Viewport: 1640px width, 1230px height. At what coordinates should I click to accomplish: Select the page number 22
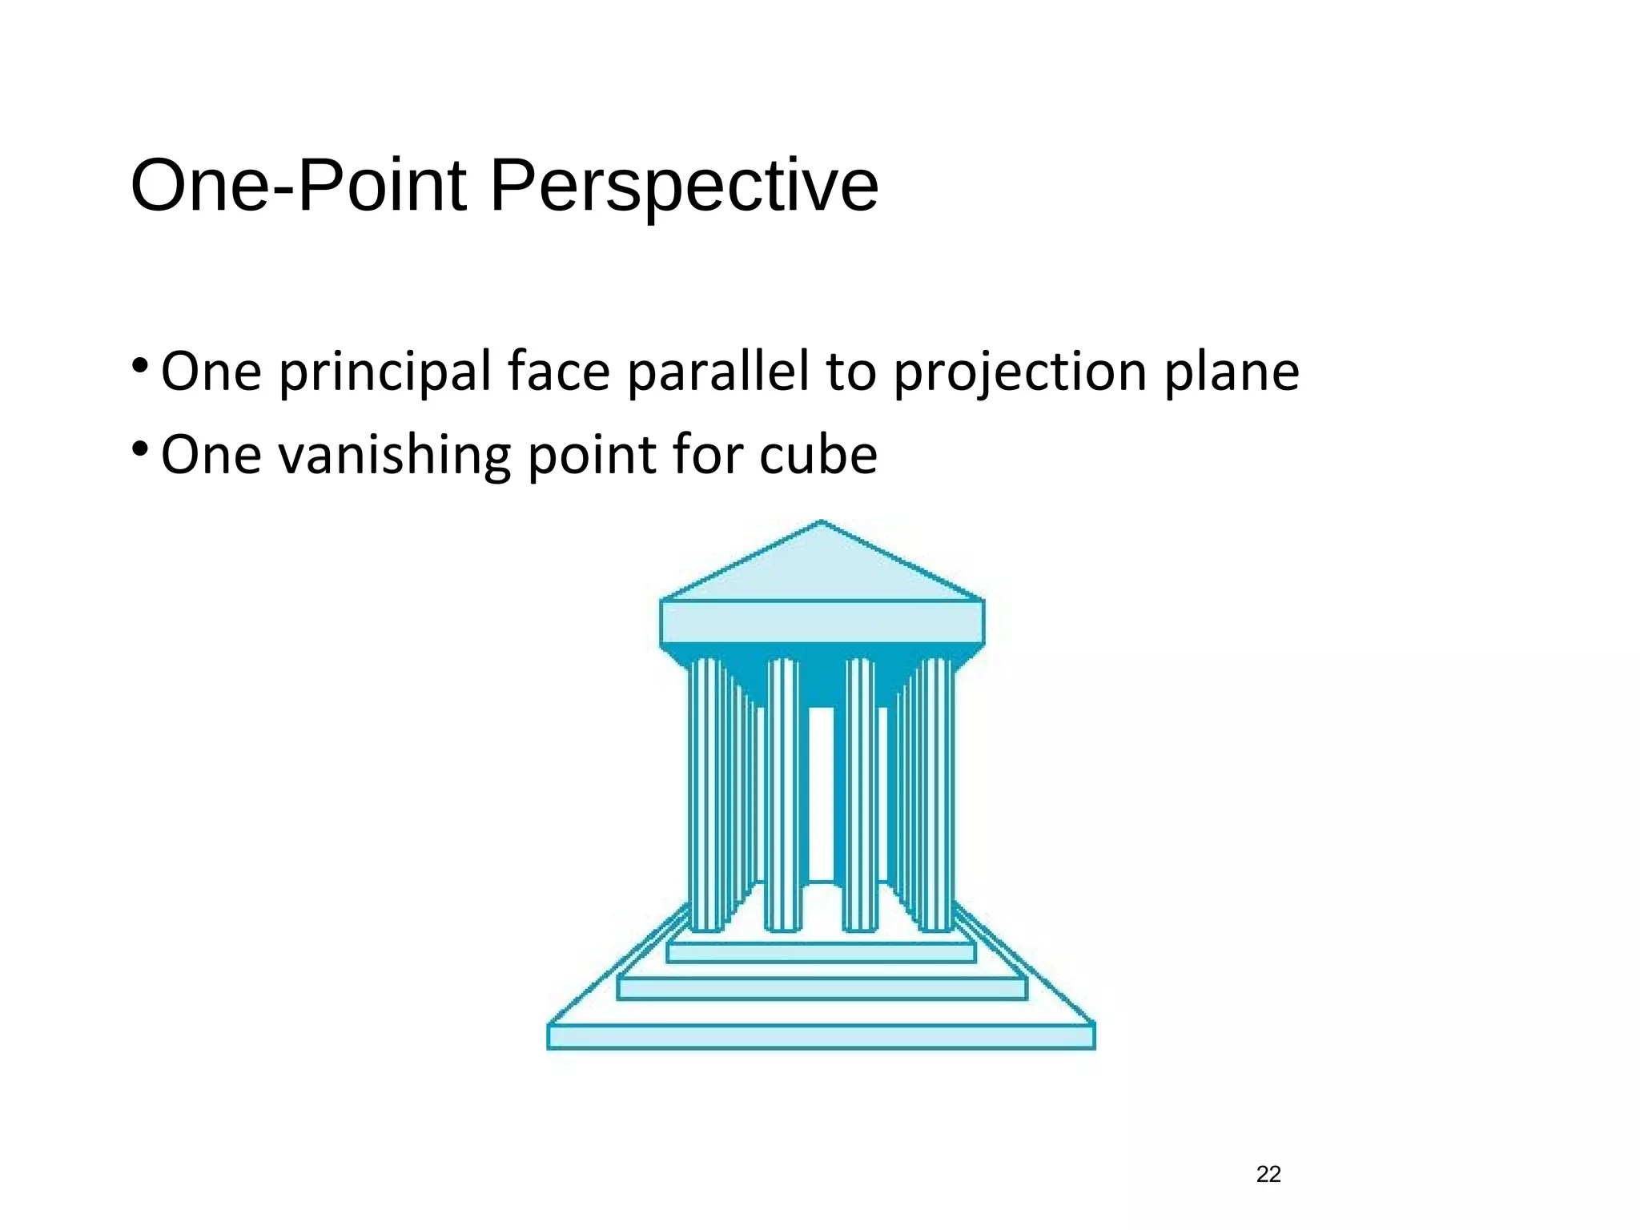pyautogui.click(x=1268, y=1174)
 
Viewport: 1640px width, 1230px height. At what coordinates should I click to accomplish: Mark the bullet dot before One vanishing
pyautogui.click(x=140, y=448)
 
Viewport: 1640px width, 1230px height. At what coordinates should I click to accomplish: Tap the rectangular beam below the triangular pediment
pyautogui.click(x=822, y=622)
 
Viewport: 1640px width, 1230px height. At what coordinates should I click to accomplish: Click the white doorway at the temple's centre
pyautogui.click(x=821, y=793)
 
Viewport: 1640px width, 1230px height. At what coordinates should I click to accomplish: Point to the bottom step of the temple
pyautogui.click(x=821, y=1037)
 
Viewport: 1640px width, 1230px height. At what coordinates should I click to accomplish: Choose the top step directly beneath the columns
pyautogui.click(x=821, y=952)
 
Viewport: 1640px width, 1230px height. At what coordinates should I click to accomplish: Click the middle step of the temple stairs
pyautogui.click(x=822, y=989)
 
